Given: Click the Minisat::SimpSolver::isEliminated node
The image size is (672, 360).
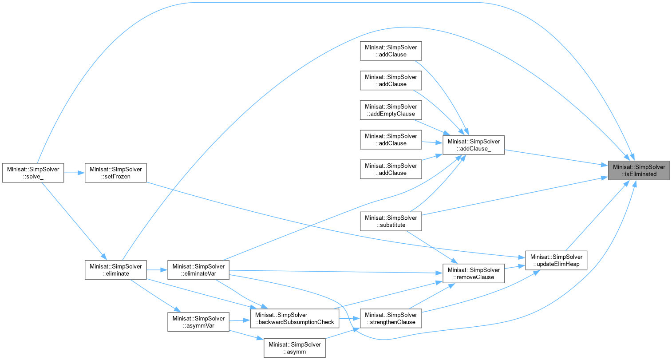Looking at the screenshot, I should click(639, 170).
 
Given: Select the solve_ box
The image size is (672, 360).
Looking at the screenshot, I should click(33, 173).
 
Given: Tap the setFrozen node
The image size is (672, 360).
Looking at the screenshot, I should click(115, 173).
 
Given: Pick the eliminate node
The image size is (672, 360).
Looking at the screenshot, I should click(115, 270).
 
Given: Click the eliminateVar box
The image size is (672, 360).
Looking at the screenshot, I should click(198, 270).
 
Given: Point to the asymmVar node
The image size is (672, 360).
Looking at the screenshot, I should click(198, 322).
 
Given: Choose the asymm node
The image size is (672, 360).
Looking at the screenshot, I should click(295, 348).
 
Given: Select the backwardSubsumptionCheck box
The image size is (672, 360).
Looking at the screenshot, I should click(295, 318).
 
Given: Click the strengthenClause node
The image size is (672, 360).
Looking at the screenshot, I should click(391, 318).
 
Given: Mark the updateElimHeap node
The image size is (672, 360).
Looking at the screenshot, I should click(557, 260).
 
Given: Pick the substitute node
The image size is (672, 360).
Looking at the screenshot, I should click(391, 221).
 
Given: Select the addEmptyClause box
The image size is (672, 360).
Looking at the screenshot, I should click(391, 110).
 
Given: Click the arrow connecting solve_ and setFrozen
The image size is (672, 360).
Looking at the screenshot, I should click(75, 173).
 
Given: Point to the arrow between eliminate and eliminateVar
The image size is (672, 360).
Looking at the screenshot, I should click(157, 270).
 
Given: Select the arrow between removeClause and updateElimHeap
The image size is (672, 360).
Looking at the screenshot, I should click(515, 267).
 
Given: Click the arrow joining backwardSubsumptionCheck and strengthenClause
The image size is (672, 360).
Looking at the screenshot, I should click(349, 318).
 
